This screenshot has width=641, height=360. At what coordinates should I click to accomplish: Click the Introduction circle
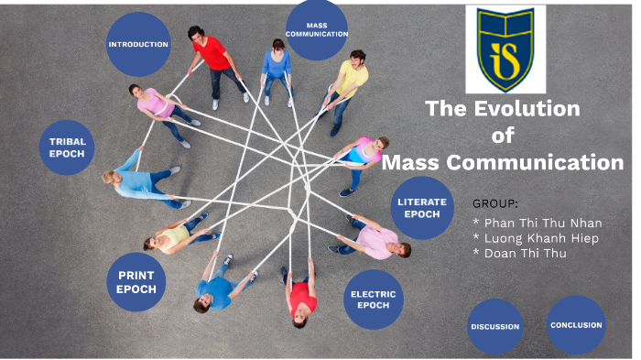[x=138, y=44]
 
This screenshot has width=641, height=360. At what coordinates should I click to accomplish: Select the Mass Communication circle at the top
[x=316, y=29]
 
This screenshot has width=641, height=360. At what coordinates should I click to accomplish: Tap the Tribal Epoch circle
[x=68, y=147]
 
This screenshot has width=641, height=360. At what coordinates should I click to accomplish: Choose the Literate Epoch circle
[x=422, y=208]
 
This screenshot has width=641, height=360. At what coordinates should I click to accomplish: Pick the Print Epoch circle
[x=136, y=282]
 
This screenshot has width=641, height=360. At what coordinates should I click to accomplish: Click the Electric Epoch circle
[x=373, y=300]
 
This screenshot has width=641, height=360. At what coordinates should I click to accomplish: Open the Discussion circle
[x=495, y=326]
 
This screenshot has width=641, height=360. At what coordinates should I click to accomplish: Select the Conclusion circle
[x=576, y=324]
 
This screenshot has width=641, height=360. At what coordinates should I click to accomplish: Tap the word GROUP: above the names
[x=495, y=202]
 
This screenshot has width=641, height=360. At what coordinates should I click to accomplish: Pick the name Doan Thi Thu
[x=519, y=254]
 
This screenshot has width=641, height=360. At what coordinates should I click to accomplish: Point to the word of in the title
[x=502, y=136]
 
